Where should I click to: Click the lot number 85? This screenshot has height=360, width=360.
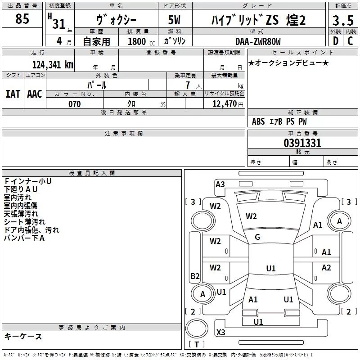click(22, 19)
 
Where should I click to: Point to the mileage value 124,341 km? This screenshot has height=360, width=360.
click(53, 64)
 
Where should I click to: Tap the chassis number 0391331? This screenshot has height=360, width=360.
click(302, 144)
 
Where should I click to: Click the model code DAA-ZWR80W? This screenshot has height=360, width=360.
click(258, 41)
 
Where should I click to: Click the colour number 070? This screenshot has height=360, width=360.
click(74, 104)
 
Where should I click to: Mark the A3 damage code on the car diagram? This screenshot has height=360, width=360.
click(220, 184)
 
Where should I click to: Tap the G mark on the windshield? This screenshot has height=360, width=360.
click(257, 237)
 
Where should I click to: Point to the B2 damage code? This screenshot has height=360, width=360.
click(195, 276)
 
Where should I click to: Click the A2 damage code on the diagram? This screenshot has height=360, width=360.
click(326, 268)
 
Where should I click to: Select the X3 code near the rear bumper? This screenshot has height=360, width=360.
click(221, 333)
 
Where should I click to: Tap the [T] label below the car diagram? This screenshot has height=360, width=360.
click(196, 344)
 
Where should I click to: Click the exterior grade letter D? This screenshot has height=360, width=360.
click(335, 41)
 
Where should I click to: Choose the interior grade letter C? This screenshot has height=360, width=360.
click(350, 41)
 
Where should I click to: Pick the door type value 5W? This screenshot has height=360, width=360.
click(175, 21)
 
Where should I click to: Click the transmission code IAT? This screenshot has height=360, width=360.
click(13, 94)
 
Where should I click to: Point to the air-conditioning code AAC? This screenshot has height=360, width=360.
click(35, 94)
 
